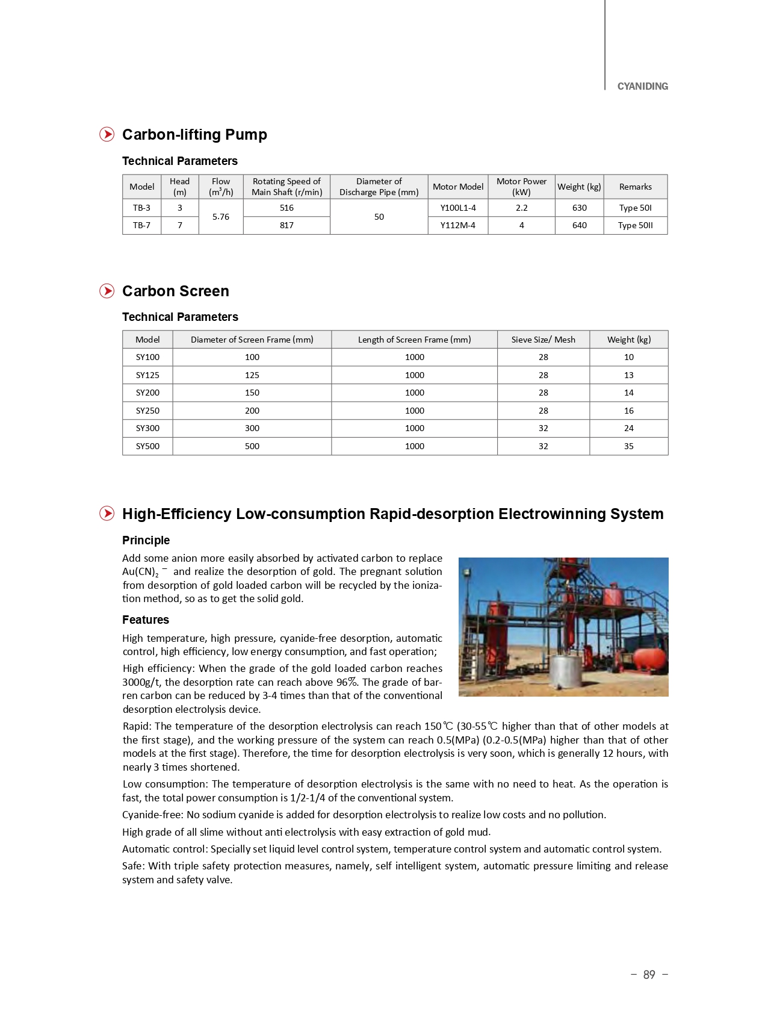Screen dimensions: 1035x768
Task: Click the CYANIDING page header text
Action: tap(642, 86)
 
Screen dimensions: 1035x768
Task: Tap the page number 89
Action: tap(648, 974)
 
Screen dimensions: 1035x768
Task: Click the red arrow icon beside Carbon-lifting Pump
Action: tap(107, 134)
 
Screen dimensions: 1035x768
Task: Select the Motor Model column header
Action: tap(457, 187)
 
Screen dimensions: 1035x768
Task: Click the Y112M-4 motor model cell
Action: tap(457, 225)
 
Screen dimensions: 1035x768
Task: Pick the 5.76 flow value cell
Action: tap(220, 217)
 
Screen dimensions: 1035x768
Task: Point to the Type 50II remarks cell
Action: tap(635, 225)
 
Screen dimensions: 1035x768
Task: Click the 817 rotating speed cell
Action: tap(286, 225)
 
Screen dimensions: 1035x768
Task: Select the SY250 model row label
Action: tap(147, 411)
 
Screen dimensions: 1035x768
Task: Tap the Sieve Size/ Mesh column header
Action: tap(543, 340)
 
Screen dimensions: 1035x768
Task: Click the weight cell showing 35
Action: tap(628, 446)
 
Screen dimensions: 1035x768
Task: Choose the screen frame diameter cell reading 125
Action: tap(252, 375)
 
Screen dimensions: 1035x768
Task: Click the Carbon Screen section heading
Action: tap(175, 291)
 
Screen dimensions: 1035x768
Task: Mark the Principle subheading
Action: tap(146, 540)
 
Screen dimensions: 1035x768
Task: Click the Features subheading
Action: tap(145, 620)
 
